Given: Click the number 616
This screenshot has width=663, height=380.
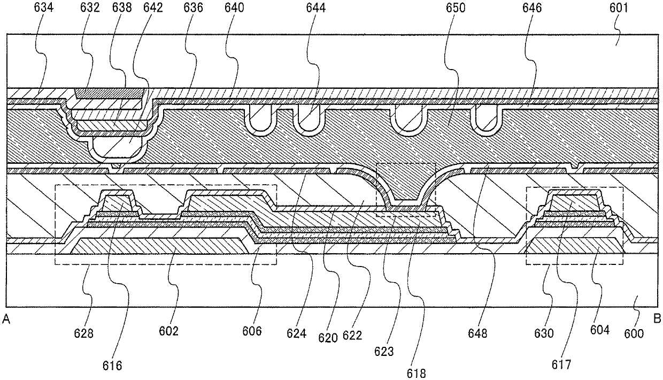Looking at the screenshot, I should coord(113,366).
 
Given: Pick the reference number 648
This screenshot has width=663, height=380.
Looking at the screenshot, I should coord(477,334).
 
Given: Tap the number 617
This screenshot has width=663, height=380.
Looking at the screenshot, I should coord(561,365).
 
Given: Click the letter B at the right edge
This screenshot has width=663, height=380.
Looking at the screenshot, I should coord(657,319).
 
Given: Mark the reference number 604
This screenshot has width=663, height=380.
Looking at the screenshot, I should coord(600,330).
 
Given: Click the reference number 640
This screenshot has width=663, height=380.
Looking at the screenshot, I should coord(235,9).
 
